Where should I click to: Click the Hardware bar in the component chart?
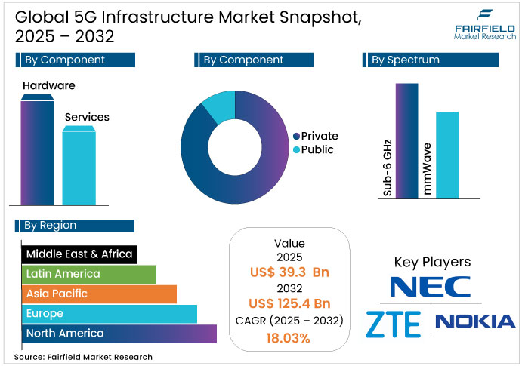[37, 151]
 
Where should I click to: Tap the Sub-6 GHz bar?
[406, 140]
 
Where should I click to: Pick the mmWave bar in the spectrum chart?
[446, 155]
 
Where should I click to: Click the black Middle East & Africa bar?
[79, 254]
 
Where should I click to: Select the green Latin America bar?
[88, 274]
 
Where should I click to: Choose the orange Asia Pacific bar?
[98, 294]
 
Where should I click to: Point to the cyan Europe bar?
[109, 313]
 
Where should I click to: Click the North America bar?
[119, 333]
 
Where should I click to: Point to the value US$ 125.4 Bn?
[290, 303]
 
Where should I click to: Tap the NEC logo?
[431, 287]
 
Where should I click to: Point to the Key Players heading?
[432, 262]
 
